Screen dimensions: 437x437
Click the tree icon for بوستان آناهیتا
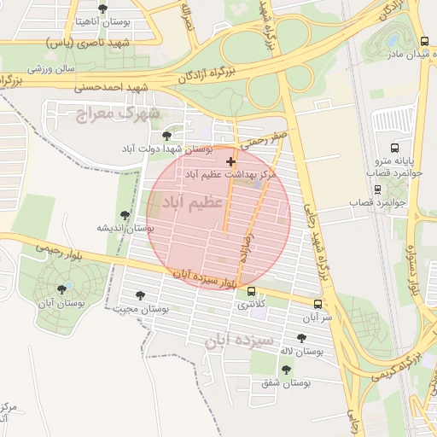tap(102, 9)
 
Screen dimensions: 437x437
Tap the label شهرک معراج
tap(130, 113)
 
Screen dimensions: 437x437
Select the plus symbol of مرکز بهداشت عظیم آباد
tap(230, 160)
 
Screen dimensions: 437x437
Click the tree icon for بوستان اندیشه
tap(125, 215)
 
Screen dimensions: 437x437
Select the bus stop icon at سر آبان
tap(318, 303)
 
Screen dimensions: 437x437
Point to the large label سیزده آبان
tap(238, 341)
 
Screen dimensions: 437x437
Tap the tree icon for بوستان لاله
tap(301, 337)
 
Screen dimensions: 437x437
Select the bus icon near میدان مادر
tap(425, 41)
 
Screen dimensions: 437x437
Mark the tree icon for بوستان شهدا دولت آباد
tap(166, 135)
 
